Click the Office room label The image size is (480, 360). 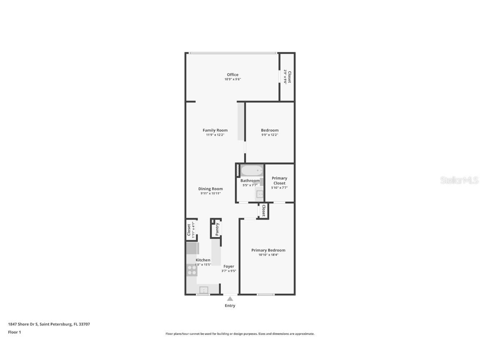tap(232, 75)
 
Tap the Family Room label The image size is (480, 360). tap(215, 130)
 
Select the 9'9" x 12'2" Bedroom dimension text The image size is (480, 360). tap(270, 135)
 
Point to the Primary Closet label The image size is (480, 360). tap(279, 180)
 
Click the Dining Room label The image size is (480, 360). tap(210, 189)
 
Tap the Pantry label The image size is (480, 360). tap(217, 229)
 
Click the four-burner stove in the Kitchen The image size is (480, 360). tap(192, 270)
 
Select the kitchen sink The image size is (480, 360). tap(204, 290)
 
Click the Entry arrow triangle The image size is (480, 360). tap(230, 298)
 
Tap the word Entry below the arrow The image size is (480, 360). tap(230, 305)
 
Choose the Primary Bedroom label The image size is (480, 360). tap(268, 250)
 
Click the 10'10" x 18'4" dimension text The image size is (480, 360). tap(268, 255)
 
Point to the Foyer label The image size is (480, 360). tap(229, 266)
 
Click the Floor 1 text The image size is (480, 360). tap(14, 332)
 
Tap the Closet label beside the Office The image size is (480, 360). tap(289, 77)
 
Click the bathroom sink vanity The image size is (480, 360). tap(260, 194)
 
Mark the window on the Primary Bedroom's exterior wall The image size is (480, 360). tap(265, 295)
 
